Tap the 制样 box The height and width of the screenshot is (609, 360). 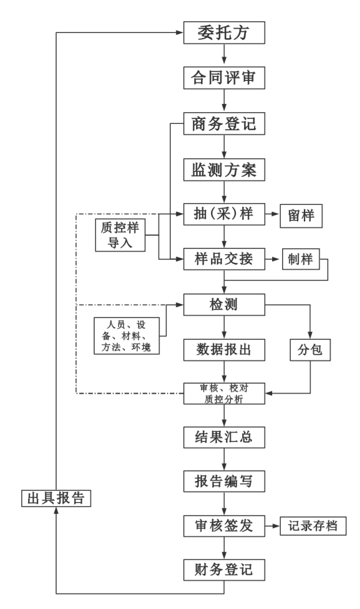tap(301, 258)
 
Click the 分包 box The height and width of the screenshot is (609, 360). tap(309, 349)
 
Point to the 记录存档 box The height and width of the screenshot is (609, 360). tap(313, 526)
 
